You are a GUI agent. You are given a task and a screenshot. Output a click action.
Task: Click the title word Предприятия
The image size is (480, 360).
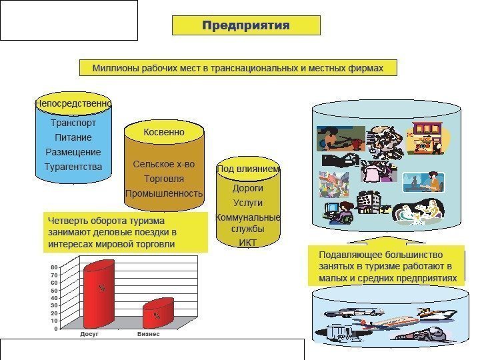[246, 25]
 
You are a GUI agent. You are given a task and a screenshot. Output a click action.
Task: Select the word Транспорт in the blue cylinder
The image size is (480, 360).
[73, 123]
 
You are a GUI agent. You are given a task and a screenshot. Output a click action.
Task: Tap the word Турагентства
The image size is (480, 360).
[73, 166]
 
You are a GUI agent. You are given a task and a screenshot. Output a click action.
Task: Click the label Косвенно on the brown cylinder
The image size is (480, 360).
[164, 133]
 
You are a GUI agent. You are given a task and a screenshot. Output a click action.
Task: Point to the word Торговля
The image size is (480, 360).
[164, 179]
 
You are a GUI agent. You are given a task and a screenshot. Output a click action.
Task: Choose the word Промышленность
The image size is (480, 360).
[164, 193]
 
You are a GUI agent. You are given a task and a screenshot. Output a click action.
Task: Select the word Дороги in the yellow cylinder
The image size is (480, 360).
[247, 188]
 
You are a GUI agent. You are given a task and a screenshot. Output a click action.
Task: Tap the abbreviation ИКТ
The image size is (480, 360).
[247, 243]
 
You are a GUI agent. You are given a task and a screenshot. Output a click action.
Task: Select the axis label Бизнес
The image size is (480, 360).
[149, 333]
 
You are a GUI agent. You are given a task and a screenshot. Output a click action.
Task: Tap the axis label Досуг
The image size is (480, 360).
[89, 333]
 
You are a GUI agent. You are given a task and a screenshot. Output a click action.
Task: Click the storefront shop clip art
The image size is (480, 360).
[427, 137]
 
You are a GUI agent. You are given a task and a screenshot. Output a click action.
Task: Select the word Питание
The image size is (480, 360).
[73, 137]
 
